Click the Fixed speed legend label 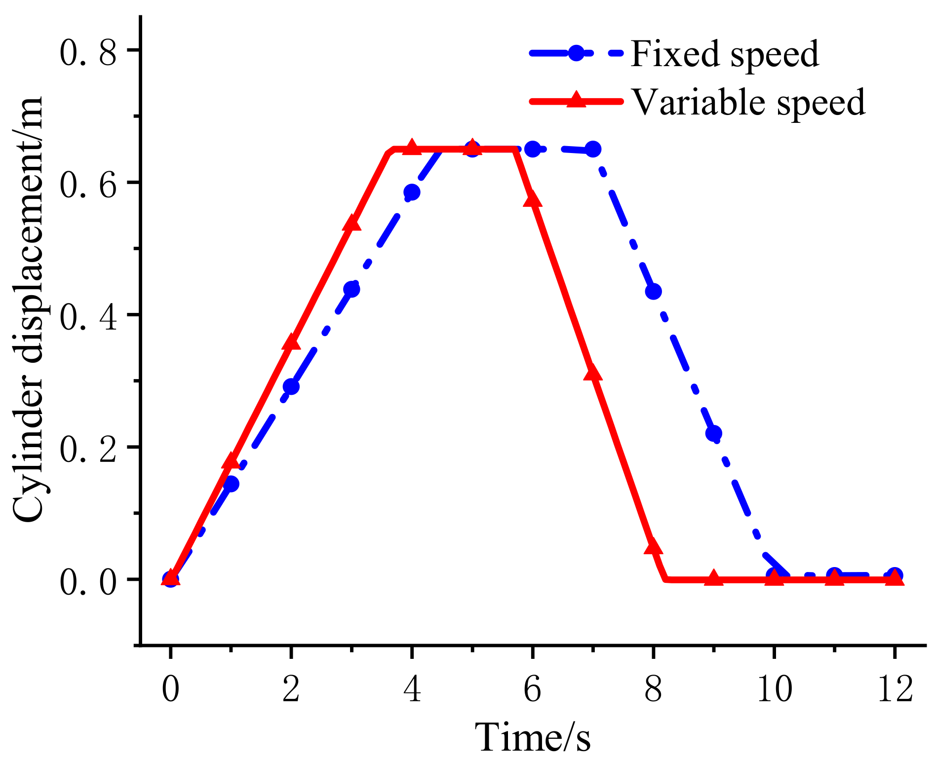[x=725, y=54]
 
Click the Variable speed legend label [x=748, y=102]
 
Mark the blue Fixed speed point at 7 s [x=593, y=149]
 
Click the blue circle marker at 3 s [x=351, y=289]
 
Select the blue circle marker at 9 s [x=714, y=434]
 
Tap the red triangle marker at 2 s [x=291, y=342]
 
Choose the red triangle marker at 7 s [x=593, y=373]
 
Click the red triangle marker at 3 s [x=351, y=223]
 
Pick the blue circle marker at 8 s [x=653, y=292]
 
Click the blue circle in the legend [x=576, y=53]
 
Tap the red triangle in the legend [x=576, y=100]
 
